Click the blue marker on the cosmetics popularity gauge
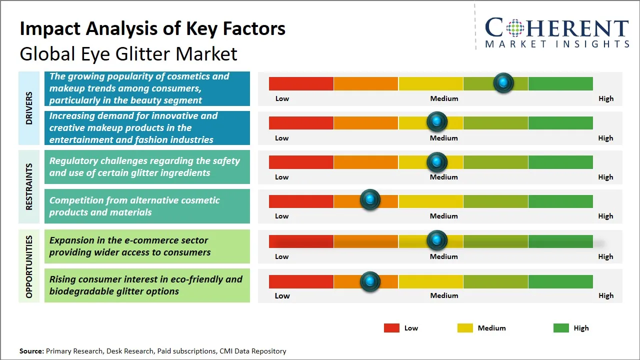point(503,82)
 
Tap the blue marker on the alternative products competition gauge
point(370,200)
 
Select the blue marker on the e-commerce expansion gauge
point(437,240)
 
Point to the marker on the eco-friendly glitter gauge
point(370,281)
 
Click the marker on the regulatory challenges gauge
point(437,161)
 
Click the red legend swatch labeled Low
point(391,328)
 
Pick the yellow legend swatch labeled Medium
point(465,328)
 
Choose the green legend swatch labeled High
point(561,328)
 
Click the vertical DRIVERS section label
point(29,107)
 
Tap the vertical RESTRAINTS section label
point(29,186)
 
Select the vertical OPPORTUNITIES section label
point(29,266)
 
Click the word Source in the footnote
point(31,351)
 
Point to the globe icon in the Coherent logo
point(514,28)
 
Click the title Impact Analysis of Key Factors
point(152,29)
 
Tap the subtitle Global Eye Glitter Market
point(128,53)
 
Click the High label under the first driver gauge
point(605,98)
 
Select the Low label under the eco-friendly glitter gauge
point(282,295)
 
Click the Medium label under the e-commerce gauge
point(443,256)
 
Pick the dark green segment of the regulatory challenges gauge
point(560,162)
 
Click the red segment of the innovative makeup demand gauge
point(301,122)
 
